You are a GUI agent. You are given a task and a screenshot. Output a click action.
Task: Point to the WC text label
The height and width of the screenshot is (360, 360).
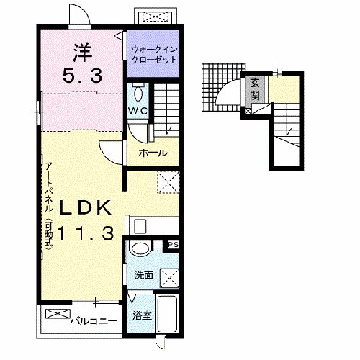click(138, 110)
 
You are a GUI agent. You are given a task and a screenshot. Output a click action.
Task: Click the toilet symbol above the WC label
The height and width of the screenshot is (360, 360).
click(138, 94)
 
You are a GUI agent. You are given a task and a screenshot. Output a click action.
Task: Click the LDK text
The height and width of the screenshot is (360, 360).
click(85, 208)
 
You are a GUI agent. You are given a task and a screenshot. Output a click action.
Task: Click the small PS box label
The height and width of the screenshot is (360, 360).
click(173, 246)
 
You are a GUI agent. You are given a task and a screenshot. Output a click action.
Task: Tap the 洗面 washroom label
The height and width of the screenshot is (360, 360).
click(143, 276)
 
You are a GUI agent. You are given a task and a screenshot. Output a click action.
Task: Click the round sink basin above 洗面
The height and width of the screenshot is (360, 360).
click(141, 250)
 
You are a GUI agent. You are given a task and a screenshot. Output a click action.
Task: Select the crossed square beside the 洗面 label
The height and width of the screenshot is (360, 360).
click(169, 276)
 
